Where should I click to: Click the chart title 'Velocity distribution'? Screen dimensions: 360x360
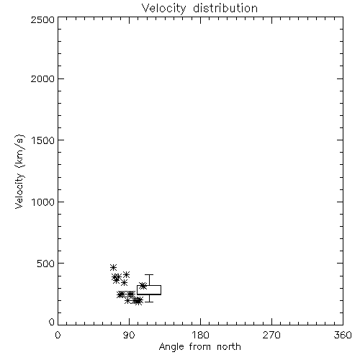tap(199, 8)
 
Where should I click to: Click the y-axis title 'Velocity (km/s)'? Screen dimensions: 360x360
tap(19, 171)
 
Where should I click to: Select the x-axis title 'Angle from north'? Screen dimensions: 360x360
tap(199, 347)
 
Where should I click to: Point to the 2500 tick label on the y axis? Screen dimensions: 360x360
tap(42, 19)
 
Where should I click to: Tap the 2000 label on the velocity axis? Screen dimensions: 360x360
tap(42, 78)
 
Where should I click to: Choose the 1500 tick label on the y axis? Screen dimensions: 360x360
tap(43, 140)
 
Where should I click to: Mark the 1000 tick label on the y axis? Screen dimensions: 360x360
tap(43, 202)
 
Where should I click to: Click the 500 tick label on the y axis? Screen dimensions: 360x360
tap(46, 264)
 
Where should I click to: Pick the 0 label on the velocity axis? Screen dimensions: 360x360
tap(52, 322)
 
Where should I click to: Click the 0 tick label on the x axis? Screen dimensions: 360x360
tap(58, 335)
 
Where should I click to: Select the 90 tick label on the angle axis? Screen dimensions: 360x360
tap(129, 335)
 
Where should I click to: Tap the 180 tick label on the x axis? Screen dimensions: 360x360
tap(200, 335)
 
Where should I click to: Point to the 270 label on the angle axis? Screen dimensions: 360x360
tap(271, 335)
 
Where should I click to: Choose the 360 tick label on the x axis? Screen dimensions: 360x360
tap(343, 335)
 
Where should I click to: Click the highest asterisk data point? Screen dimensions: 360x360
tap(113, 267)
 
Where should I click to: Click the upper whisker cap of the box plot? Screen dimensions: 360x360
tap(149, 274)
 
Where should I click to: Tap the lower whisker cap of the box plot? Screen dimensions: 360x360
tap(149, 302)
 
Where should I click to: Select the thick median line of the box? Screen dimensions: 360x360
tap(149, 294)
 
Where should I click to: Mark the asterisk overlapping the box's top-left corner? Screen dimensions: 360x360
tap(143, 286)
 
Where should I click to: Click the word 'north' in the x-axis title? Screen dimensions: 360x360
tap(229, 347)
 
